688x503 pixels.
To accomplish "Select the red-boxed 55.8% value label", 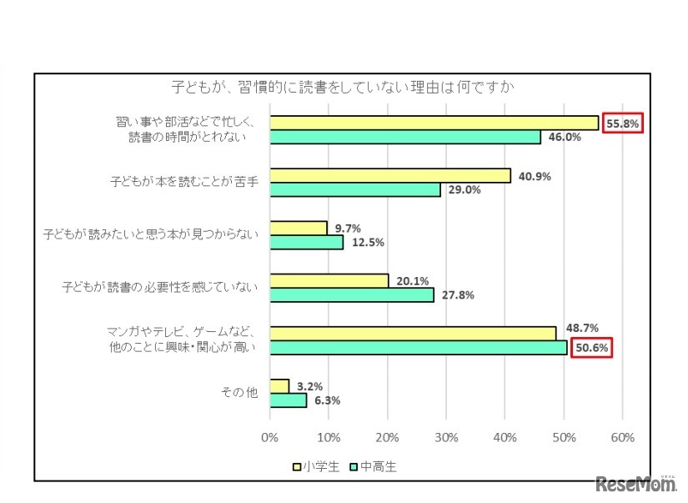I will pos(622,123).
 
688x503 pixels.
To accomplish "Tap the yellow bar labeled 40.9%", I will pos(389,175).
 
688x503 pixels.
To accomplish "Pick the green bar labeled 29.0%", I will pos(354,190).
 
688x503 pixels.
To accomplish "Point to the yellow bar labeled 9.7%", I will pos(298,228).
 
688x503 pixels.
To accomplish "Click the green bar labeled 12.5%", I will pos(306,243).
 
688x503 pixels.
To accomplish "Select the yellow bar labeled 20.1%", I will pos(329,280).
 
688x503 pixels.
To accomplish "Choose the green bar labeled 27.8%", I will pos(351,295).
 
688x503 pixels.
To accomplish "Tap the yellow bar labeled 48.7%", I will pos(413,333).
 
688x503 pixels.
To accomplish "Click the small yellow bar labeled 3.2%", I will pos(279,385).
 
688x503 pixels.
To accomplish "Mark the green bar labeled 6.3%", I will pos(288,400).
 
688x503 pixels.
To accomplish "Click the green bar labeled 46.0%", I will pos(404,138).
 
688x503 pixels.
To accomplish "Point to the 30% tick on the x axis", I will pos(446,437).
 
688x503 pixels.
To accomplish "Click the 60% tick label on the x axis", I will pos(623,437).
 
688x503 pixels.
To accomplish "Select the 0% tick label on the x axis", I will pos(269,437).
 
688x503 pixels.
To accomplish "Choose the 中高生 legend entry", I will pos(374,467).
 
